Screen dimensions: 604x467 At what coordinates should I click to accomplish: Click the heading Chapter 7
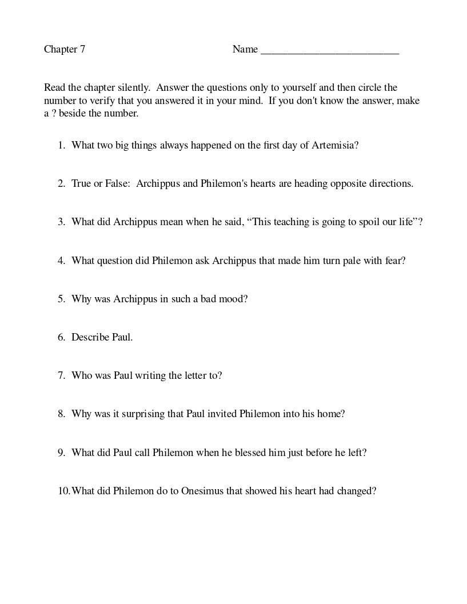coord(65,50)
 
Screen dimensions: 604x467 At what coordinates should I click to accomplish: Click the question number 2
coord(61,184)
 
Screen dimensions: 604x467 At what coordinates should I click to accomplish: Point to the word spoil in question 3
coord(356,222)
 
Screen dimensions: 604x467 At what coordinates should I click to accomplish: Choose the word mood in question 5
coord(235,299)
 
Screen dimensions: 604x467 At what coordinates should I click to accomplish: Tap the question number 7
coord(61,376)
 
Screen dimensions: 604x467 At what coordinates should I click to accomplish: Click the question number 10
coord(63,491)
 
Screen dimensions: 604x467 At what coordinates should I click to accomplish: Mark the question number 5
coord(61,299)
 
